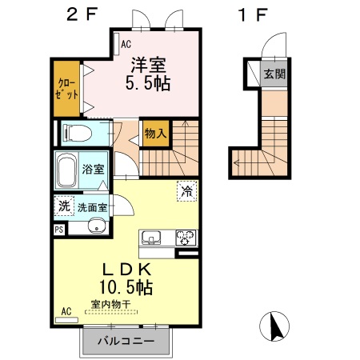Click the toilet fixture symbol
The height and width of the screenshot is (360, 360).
(78, 133)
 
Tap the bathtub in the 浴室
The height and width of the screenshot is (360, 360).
(66, 170)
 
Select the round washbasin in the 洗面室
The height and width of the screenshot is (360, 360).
(97, 226)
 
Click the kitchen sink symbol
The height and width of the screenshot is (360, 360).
(151, 238)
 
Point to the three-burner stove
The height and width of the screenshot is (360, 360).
(186, 238)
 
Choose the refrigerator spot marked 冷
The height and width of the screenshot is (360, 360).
(187, 191)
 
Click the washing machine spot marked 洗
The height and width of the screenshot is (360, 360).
(64, 206)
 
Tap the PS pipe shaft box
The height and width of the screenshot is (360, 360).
(59, 230)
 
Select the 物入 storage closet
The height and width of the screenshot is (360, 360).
(156, 134)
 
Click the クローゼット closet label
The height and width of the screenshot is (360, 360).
(66, 89)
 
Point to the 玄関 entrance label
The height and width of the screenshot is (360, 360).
(274, 74)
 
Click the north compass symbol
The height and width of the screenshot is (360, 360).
(274, 326)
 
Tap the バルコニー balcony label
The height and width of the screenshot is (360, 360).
(126, 341)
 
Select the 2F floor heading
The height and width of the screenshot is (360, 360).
(82, 14)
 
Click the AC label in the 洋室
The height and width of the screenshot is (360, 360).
(126, 44)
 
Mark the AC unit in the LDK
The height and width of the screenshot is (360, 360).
(66, 320)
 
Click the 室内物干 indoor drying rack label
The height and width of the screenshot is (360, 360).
(110, 304)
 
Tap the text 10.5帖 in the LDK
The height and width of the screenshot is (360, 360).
(126, 287)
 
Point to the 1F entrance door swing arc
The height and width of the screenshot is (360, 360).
(270, 39)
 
